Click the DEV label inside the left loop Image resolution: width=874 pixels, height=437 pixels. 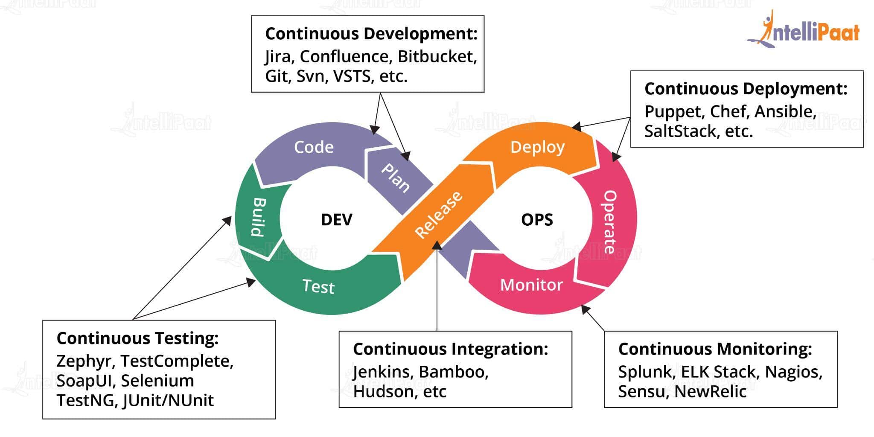click(336, 220)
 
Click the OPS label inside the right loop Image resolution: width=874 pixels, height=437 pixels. click(537, 220)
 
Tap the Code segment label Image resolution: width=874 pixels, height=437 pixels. click(314, 147)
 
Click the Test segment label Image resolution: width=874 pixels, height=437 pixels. click(318, 286)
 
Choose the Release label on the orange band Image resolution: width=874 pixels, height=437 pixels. click(439, 215)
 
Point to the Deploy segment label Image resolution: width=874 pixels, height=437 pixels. click(537, 147)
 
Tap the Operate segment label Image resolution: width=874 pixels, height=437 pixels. click(609, 222)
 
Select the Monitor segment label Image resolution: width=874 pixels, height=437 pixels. click(531, 285)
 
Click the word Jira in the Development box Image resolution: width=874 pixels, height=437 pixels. click(277, 56)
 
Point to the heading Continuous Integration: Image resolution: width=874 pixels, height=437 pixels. click(450, 349)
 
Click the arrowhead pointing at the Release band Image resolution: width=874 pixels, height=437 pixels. click(437, 245)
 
